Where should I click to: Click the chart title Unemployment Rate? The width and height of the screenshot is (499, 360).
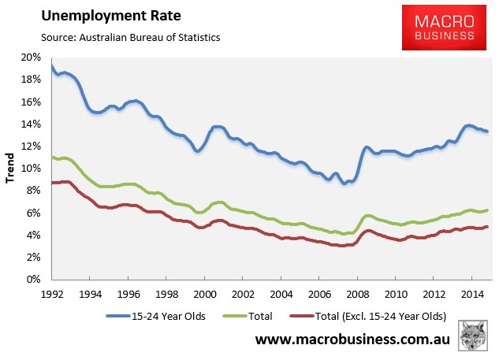111,16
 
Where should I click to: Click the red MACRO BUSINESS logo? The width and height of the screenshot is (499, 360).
444,28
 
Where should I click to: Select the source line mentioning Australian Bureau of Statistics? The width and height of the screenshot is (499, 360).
131,38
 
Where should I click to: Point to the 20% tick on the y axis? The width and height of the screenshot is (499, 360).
32,58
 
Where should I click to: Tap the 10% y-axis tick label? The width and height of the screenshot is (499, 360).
32,169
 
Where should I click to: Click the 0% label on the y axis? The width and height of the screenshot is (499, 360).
34,279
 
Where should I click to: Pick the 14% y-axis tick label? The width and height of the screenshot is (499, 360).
32,124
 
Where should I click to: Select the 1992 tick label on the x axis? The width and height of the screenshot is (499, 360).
52,295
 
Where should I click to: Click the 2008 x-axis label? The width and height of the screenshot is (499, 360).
358,295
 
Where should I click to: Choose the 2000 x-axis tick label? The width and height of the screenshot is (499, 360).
205,295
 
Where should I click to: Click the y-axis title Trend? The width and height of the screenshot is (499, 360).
10,168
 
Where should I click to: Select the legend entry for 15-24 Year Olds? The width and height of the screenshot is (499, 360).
155,316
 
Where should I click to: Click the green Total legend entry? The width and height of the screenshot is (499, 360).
248,316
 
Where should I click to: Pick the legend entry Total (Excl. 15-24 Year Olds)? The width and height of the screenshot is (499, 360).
368,316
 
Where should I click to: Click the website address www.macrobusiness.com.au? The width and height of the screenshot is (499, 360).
352,339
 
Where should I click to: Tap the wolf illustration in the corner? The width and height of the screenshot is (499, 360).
473,336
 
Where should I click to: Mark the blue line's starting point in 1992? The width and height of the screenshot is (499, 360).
52,66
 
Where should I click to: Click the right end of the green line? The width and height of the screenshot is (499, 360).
486,210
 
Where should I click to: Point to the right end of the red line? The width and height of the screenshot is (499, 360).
486,227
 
